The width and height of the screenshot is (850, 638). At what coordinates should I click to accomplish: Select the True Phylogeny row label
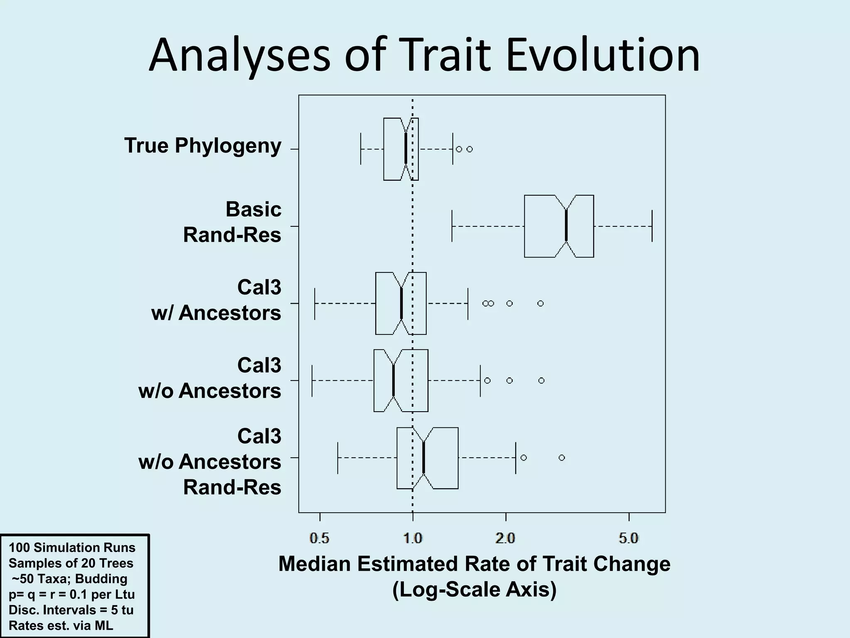click(203, 145)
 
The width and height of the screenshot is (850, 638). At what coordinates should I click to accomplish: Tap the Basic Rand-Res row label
click(232, 222)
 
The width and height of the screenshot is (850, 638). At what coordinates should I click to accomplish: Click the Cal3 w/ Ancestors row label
click(217, 300)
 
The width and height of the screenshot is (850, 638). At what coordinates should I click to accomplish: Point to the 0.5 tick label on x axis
click(320, 539)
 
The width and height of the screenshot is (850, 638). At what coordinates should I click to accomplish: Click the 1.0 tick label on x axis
click(413, 539)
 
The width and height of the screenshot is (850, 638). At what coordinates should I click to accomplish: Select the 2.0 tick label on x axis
click(506, 539)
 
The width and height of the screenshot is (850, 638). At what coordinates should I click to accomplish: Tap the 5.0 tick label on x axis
click(628, 539)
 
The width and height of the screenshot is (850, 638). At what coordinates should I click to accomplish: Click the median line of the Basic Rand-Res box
click(566, 226)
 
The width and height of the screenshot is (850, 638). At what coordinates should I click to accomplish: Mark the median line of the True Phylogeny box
click(405, 149)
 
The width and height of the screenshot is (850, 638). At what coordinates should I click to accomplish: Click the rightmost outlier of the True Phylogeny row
click(469, 149)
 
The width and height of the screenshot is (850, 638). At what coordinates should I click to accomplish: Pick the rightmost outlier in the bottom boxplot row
click(562, 458)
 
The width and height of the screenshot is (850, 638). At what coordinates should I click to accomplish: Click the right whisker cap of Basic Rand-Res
click(652, 226)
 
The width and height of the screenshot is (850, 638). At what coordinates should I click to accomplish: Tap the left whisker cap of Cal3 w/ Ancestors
click(315, 304)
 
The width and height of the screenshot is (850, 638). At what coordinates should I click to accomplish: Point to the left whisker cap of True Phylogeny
click(361, 149)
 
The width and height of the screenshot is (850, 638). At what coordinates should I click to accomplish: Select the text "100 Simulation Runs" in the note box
click(72, 547)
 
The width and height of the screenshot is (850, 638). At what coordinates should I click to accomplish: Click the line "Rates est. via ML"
click(61, 626)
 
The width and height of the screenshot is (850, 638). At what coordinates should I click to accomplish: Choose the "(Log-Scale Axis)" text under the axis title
click(474, 590)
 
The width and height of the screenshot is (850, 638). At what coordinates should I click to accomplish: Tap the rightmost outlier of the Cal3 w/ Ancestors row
click(540, 304)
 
